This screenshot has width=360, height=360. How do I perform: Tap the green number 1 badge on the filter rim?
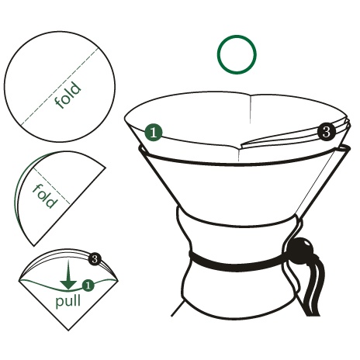(154, 133)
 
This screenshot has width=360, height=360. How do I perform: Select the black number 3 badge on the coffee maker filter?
(327, 132)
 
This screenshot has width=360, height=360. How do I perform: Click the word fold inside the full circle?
(68, 95)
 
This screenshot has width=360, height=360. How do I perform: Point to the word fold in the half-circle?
(44, 196)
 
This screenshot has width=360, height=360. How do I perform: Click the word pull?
(68, 301)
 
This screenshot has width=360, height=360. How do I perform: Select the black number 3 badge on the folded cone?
(95, 259)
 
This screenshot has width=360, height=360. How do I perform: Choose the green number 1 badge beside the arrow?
(88, 286)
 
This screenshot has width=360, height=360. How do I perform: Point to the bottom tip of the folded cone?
(68, 331)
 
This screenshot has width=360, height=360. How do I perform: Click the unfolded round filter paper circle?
(60, 87)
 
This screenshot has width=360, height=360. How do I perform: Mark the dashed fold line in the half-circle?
(52, 185)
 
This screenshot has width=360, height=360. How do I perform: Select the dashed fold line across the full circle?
(60, 87)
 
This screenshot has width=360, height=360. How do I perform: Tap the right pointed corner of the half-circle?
(106, 168)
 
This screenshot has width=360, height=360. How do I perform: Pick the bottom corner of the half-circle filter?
(34, 246)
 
